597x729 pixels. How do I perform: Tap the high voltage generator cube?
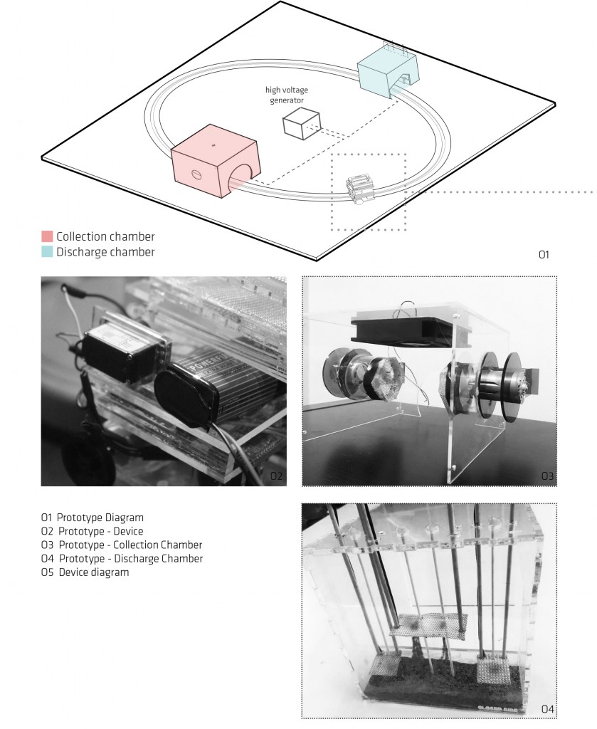coord(302,123)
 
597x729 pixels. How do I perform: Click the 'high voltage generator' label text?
coord(287,95)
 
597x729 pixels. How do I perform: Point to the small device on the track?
coord(361,188)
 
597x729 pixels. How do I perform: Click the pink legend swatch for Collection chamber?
coord(47,236)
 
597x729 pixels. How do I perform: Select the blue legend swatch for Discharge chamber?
coord(47,252)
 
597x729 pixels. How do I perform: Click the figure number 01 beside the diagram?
coord(544,254)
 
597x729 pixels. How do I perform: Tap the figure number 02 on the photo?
coord(276,476)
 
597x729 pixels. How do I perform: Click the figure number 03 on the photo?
coord(547,476)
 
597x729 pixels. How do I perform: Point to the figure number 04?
coord(547,709)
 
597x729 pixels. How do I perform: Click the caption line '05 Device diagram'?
coord(85,572)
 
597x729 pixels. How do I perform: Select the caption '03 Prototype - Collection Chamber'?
coord(122,545)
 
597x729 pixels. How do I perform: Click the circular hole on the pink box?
coord(196,175)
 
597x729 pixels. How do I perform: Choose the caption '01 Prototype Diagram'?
coord(93,518)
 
